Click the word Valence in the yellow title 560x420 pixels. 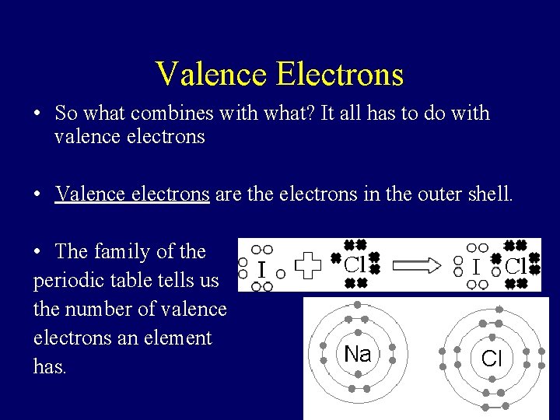click(x=211, y=74)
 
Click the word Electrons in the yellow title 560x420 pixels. click(x=340, y=74)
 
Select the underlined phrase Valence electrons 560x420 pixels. click(x=132, y=194)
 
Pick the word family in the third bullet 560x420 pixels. click(x=122, y=251)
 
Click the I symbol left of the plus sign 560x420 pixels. click(x=261, y=269)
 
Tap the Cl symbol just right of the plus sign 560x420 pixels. click(x=355, y=264)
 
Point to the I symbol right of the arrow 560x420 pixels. click(x=475, y=267)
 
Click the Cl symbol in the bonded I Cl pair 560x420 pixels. click(x=516, y=265)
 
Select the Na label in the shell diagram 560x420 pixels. click(x=357, y=355)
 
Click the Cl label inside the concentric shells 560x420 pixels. click(x=492, y=359)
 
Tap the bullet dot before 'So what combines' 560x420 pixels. click(x=37, y=114)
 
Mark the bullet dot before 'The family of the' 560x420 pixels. click(x=37, y=252)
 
